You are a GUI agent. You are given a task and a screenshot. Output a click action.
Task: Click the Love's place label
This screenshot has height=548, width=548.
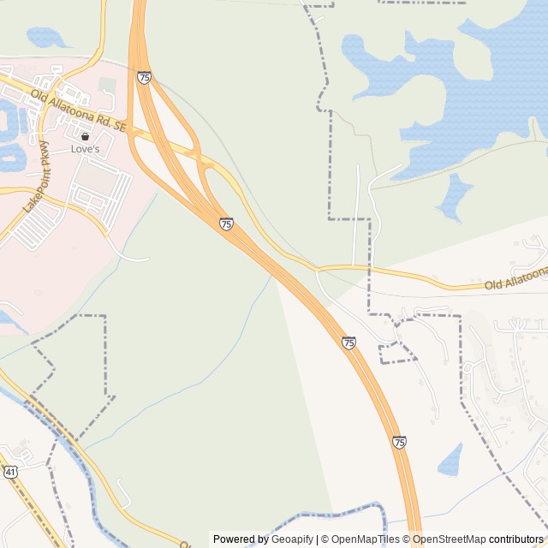[85, 149]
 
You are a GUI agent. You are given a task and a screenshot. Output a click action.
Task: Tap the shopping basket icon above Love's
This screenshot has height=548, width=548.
[85, 136]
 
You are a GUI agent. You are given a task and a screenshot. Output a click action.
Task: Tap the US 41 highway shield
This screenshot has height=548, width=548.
[9, 472]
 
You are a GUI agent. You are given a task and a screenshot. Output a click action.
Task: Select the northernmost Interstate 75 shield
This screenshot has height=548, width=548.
[144, 78]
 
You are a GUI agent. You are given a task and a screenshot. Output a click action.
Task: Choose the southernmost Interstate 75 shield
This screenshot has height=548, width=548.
[399, 442]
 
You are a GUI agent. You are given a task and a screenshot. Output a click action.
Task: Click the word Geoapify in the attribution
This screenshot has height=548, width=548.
[292, 539]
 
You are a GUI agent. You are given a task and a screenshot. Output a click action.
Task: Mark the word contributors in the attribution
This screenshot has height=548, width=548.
[516, 539]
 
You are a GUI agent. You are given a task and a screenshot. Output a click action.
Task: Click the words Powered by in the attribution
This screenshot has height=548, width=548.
[241, 539]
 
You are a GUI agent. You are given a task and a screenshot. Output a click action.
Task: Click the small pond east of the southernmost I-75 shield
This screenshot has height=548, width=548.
[450, 460]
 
